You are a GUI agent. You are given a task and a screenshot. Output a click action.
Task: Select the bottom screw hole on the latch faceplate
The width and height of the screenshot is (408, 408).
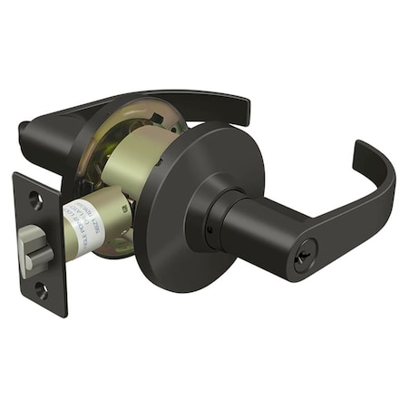pyautogui.click(x=40, y=291)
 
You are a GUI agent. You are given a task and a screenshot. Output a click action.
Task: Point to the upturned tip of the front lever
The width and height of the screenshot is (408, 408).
pyautogui.click(x=361, y=147)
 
